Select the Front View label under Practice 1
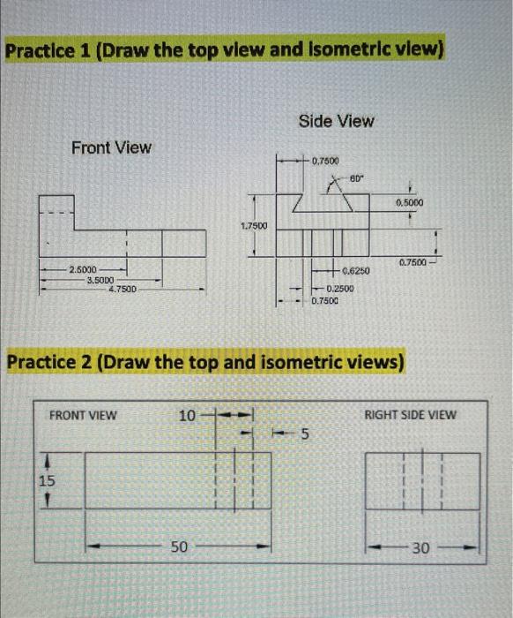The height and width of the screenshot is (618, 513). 111,147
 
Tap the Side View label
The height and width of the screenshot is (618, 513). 336,121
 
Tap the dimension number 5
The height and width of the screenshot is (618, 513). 306,433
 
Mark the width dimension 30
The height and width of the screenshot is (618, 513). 421,549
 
